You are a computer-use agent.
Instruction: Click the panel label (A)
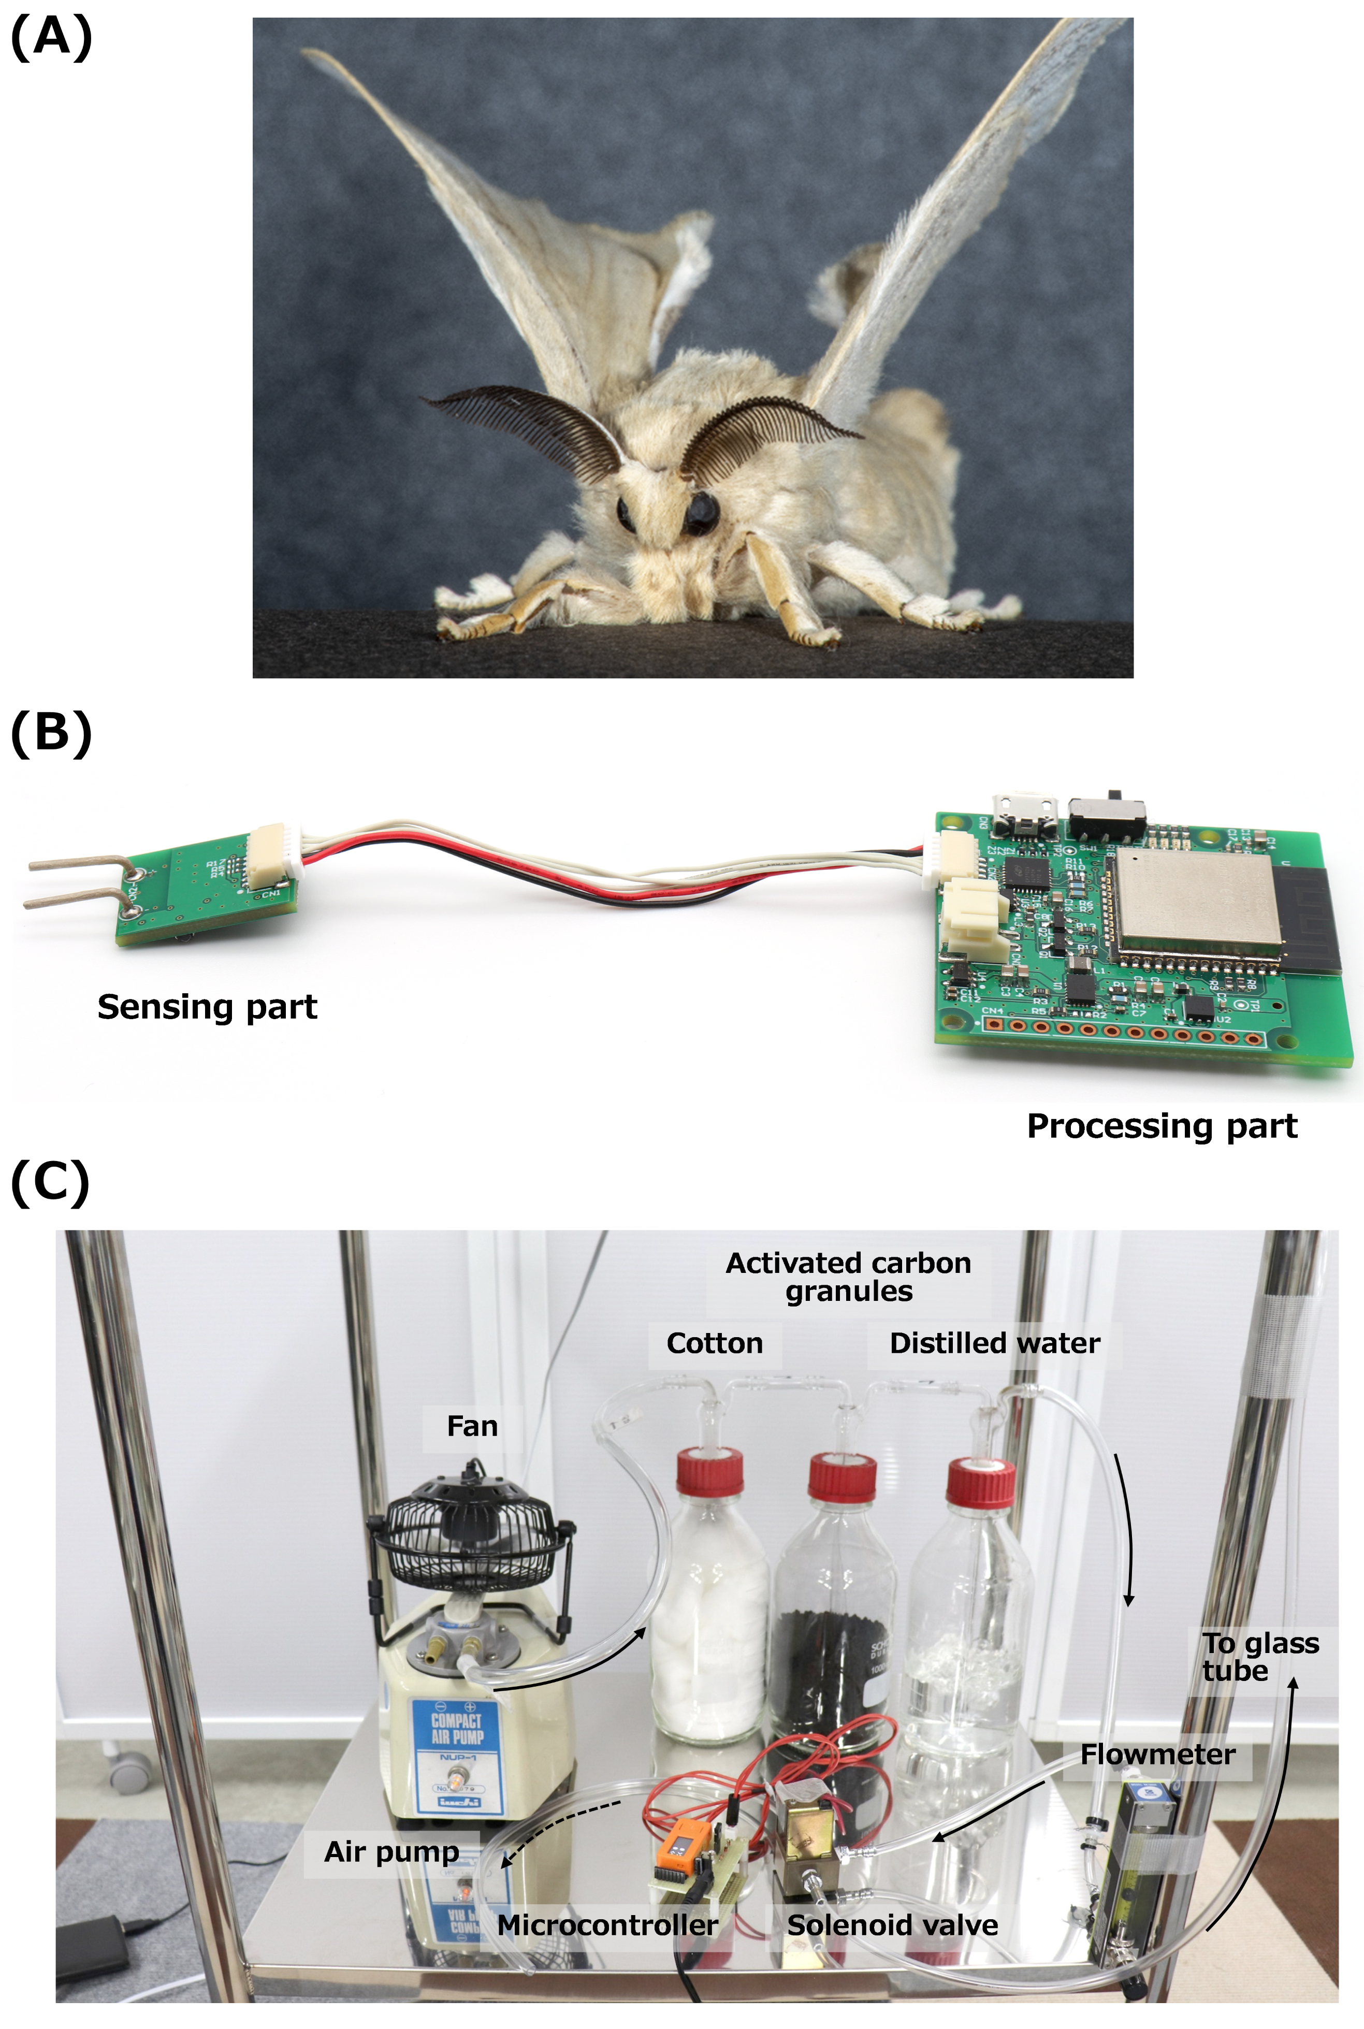pos(50,39)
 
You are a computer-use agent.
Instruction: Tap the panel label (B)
pos(50,733)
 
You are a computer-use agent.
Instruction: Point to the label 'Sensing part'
pos(207,1007)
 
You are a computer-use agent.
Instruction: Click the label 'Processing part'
pos(1162,1126)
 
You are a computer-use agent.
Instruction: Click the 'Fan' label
pos(472,1426)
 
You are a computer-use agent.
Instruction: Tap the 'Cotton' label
pos(714,1344)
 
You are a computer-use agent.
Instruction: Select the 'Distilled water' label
pos(994,1344)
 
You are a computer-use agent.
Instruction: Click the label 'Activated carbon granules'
pos(848,1277)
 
